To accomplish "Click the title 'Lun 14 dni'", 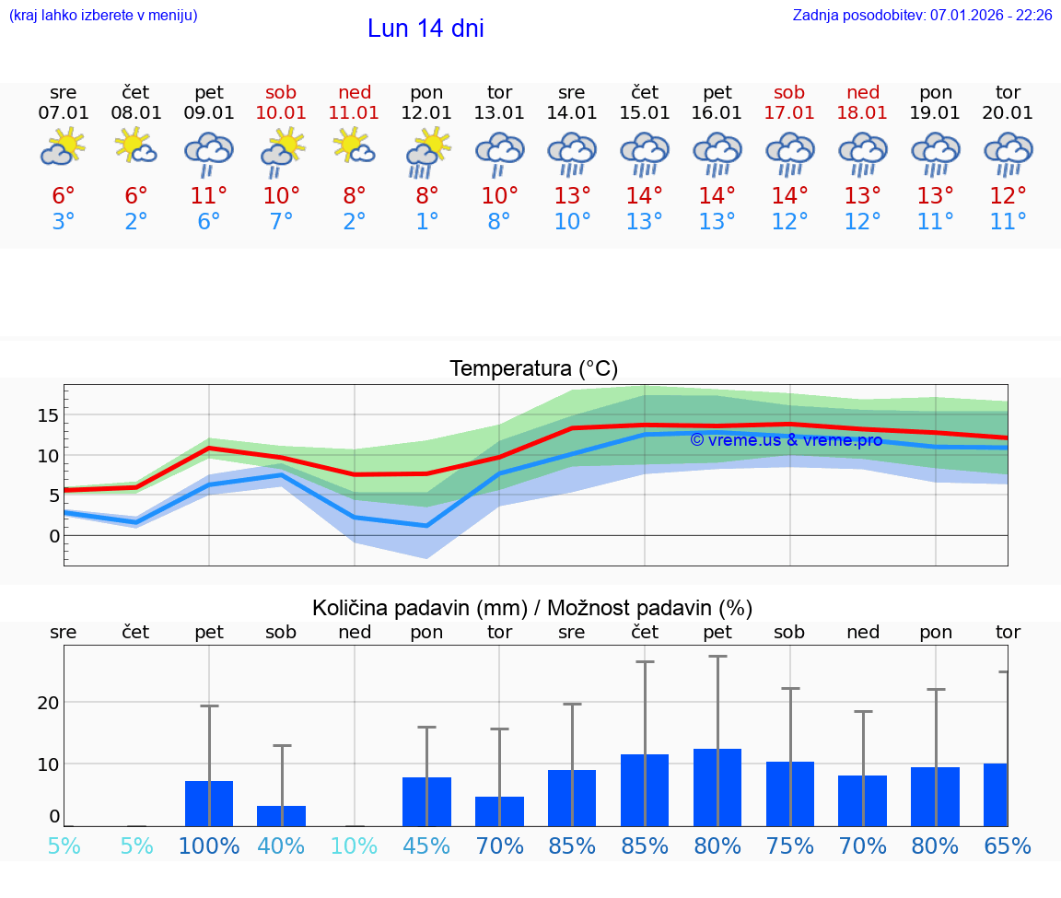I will [x=426, y=29].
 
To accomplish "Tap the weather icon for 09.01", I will [x=209, y=154].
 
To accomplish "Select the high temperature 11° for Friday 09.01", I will [x=209, y=196].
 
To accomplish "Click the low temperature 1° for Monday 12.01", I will [x=426, y=222].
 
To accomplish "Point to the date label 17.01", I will [x=789, y=113].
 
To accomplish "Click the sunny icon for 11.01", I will [x=355, y=147].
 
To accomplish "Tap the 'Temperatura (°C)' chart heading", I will [x=533, y=368].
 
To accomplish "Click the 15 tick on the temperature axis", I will [x=48, y=415].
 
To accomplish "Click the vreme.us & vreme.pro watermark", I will [x=786, y=440].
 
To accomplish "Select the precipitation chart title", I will [x=532, y=608].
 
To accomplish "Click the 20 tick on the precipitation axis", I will [x=48, y=703].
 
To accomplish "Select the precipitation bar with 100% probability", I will [x=209, y=803].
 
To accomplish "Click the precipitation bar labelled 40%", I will [x=282, y=816].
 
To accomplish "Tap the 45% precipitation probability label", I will [x=426, y=846].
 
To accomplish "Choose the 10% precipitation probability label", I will [x=355, y=846].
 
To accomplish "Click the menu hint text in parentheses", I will [x=103, y=15].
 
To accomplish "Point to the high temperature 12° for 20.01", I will [x=1008, y=196].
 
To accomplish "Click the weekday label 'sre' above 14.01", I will [x=572, y=92].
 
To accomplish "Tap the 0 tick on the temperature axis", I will [x=53, y=535].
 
